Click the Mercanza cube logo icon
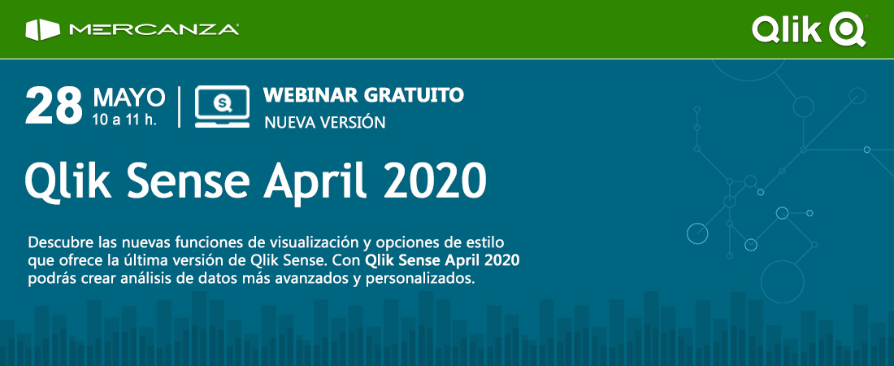tap(43, 30)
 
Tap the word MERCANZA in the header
tap(154, 30)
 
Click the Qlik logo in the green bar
tap(809, 30)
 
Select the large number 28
tap(54, 106)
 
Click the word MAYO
tap(129, 98)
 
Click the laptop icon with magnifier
tap(223, 107)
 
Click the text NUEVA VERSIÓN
tap(325, 122)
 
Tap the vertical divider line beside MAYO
tap(180, 107)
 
